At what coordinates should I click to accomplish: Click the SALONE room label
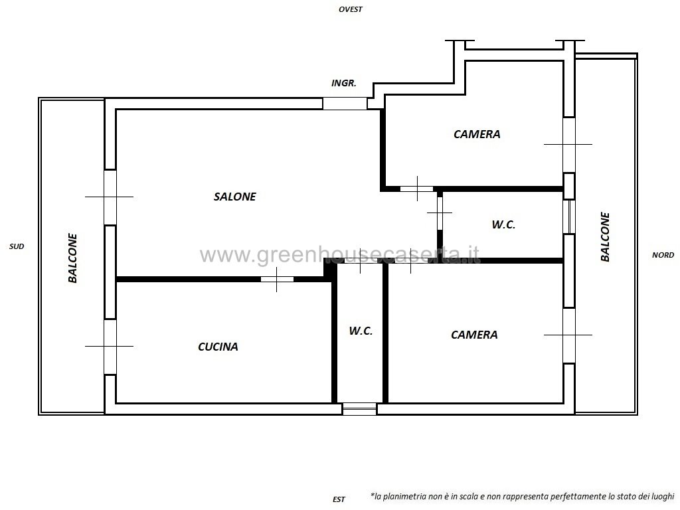pyautogui.click(x=234, y=197)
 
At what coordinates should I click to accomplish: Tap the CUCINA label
pyautogui.click(x=218, y=347)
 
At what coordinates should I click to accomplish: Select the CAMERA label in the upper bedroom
pyautogui.click(x=477, y=134)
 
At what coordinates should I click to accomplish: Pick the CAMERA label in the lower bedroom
pyautogui.click(x=474, y=335)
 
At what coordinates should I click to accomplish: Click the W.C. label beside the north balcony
pyautogui.click(x=503, y=224)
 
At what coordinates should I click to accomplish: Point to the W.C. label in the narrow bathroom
pyautogui.click(x=361, y=331)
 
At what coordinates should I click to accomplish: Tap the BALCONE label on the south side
pyautogui.click(x=72, y=258)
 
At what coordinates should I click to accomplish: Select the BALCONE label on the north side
pyautogui.click(x=605, y=237)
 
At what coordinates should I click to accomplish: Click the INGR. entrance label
pyautogui.click(x=343, y=83)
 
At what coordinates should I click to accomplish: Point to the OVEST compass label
pyautogui.click(x=351, y=9)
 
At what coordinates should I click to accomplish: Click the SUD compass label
pyautogui.click(x=17, y=246)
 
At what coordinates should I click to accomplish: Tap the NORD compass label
pyautogui.click(x=663, y=255)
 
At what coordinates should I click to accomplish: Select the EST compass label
pyautogui.click(x=339, y=499)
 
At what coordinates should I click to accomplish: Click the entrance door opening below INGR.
pyautogui.click(x=345, y=104)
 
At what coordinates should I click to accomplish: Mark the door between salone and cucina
pyautogui.click(x=277, y=280)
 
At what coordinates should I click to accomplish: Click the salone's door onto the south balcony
pyautogui.click(x=111, y=197)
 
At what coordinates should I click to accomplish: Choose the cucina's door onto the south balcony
pyautogui.click(x=111, y=347)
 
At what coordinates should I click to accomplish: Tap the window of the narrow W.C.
pyautogui.click(x=359, y=409)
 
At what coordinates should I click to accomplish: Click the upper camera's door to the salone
pyautogui.click(x=417, y=189)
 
